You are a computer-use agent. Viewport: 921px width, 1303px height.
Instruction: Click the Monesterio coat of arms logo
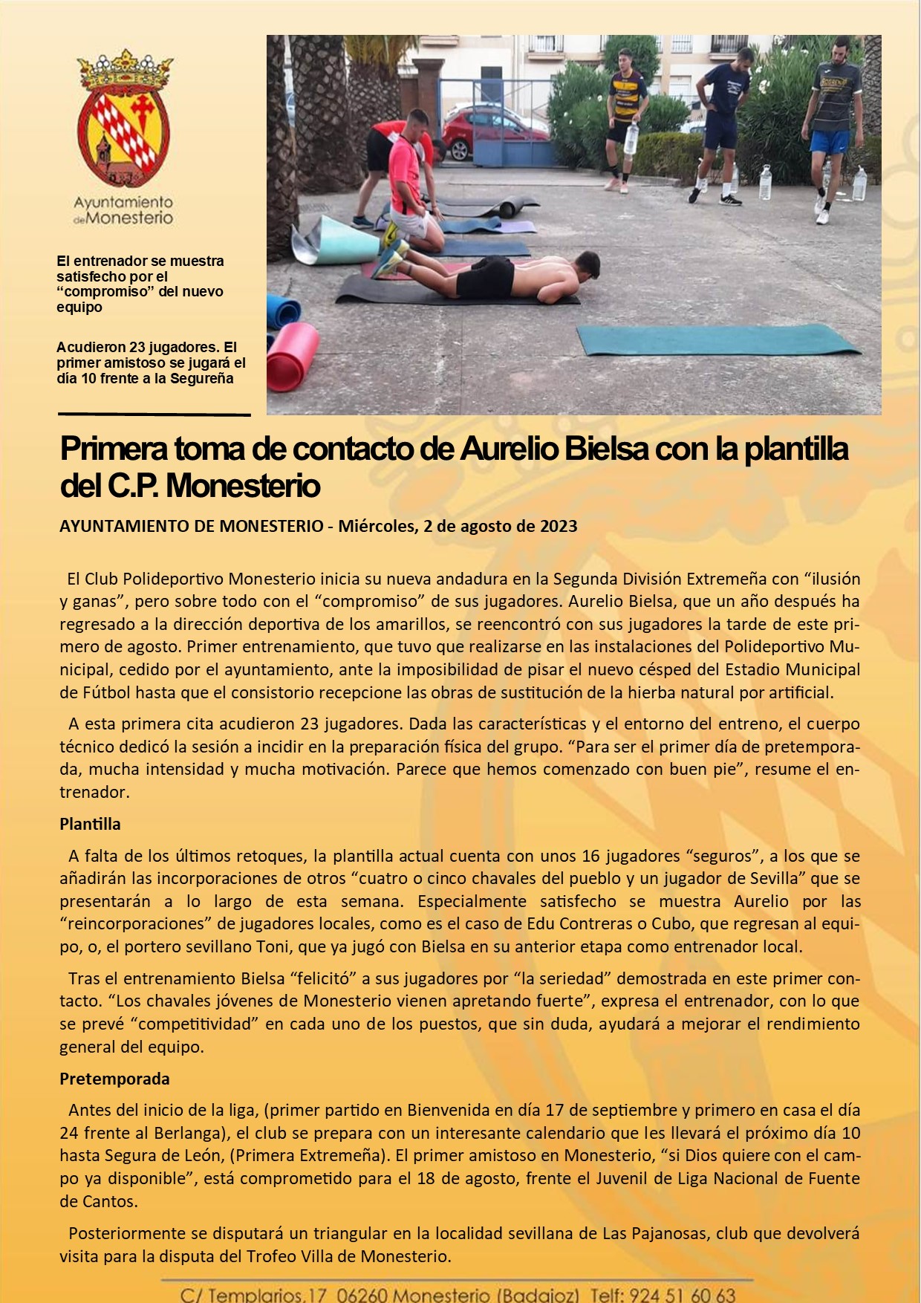[124, 119]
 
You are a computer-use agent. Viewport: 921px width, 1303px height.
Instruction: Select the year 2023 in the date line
[559, 526]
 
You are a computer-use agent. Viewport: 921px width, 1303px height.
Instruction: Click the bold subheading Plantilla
[90, 824]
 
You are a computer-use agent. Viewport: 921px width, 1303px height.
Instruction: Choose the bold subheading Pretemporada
[114, 1079]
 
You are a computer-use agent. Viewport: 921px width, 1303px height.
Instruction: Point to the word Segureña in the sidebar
[202, 378]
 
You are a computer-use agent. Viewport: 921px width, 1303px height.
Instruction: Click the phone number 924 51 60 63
[682, 1295]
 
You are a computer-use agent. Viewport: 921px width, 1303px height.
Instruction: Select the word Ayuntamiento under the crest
[123, 202]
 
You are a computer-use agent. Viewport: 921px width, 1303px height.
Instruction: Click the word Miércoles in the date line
[376, 526]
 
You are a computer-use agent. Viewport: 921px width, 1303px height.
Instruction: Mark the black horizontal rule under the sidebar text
[154, 414]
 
